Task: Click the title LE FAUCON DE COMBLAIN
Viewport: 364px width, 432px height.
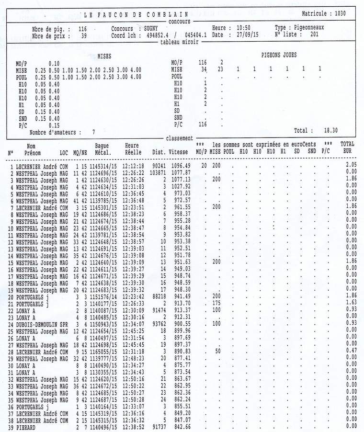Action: (136, 14)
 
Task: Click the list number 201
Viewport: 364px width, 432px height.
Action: (314, 34)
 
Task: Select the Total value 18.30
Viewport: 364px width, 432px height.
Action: (331, 130)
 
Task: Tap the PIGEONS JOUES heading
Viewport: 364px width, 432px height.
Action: (279, 55)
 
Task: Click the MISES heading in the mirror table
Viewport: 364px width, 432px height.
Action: (104, 56)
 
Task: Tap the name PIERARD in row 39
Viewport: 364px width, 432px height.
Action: (27, 426)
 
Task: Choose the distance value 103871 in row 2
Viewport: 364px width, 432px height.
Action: (158, 172)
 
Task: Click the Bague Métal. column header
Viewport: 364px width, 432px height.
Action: (102, 148)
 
